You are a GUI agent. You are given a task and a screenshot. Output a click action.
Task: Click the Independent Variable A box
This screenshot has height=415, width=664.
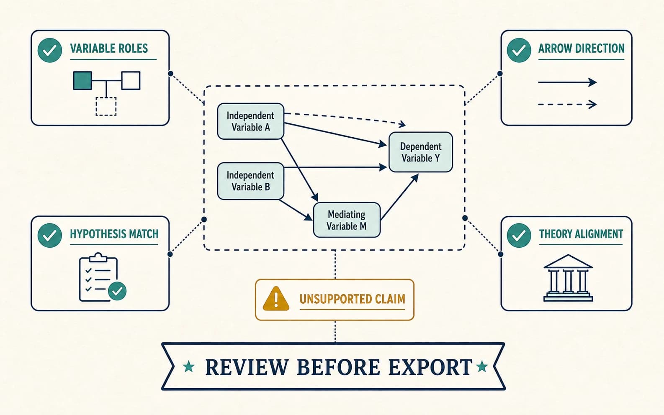pyautogui.click(x=250, y=121)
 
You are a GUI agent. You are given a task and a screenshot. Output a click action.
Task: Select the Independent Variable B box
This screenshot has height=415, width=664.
pyautogui.click(x=250, y=181)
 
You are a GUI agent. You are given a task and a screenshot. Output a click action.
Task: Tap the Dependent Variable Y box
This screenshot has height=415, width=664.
pyautogui.click(x=421, y=152)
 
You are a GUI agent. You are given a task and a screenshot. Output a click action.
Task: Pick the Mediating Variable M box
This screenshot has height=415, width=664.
pyautogui.click(x=347, y=220)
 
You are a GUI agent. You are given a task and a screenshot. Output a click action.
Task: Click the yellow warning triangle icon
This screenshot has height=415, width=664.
pyautogui.click(x=276, y=299)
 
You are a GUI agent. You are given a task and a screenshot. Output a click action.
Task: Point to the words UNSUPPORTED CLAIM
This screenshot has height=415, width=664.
pyautogui.click(x=352, y=299)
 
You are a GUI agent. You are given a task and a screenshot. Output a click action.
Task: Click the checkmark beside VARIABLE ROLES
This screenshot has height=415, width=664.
pyautogui.click(x=50, y=50)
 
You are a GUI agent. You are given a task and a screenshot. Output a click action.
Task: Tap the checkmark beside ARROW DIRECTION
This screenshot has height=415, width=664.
pyautogui.click(x=519, y=50)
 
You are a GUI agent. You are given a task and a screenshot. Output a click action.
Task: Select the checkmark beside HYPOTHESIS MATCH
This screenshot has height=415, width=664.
pyautogui.click(x=50, y=236)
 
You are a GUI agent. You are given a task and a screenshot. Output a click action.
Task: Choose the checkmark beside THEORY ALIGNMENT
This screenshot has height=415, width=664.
pyautogui.click(x=519, y=236)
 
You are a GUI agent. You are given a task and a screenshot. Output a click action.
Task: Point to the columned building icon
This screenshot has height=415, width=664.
pyautogui.click(x=568, y=278)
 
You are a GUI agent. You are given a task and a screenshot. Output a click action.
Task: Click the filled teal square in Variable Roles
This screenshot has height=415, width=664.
pyautogui.click(x=82, y=81)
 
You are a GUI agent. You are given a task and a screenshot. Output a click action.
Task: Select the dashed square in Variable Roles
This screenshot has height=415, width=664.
pyautogui.click(x=106, y=107)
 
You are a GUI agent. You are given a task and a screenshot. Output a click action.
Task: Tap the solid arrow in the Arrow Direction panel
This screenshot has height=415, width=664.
pyautogui.click(x=567, y=82)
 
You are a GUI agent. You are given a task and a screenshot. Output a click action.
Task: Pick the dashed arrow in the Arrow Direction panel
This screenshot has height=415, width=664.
pyautogui.click(x=567, y=104)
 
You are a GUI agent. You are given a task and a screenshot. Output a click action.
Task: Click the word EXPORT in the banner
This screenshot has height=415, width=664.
pyautogui.click(x=430, y=367)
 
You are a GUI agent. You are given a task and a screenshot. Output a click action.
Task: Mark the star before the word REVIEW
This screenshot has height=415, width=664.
pyautogui.click(x=189, y=367)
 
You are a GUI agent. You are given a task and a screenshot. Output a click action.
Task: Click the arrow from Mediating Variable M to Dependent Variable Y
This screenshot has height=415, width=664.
pyautogui.click(x=399, y=197)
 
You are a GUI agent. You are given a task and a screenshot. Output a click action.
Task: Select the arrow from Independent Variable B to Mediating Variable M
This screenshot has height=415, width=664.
pyautogui.click(x=296, y=210)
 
